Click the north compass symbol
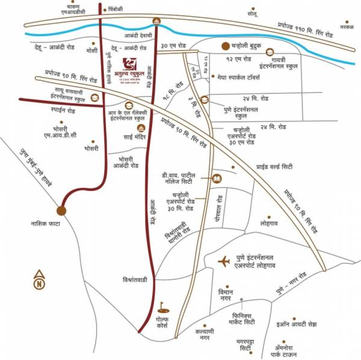click(39, 278)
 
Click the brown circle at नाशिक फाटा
click(61, 210)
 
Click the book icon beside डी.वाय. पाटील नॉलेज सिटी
click(217, 178)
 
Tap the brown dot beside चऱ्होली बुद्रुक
click(224, 45)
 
